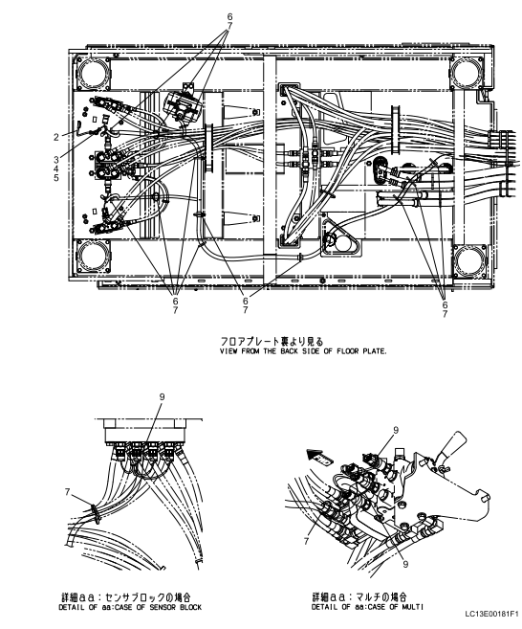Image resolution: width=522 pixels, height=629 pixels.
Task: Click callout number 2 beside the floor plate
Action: tap(56, 137)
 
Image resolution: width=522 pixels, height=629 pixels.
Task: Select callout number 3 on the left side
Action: tap(56, 160)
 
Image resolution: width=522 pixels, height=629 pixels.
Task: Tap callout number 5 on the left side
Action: tap(56, 177)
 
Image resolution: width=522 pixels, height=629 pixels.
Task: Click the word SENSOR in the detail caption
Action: tap(163, 607)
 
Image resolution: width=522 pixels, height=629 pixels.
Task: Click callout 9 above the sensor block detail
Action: tap(162, 397)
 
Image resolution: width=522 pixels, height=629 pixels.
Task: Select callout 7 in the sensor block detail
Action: tap(67, 491)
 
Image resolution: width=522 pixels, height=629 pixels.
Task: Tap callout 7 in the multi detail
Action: tap(307, 542)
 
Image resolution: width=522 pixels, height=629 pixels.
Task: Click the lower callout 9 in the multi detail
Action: tap(405, 564)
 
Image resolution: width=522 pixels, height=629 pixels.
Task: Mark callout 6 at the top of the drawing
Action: tap(229, 17)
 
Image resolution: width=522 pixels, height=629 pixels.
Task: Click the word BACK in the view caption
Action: tap(289, 351)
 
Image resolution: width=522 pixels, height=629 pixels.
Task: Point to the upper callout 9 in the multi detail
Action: tap(396, 431)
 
